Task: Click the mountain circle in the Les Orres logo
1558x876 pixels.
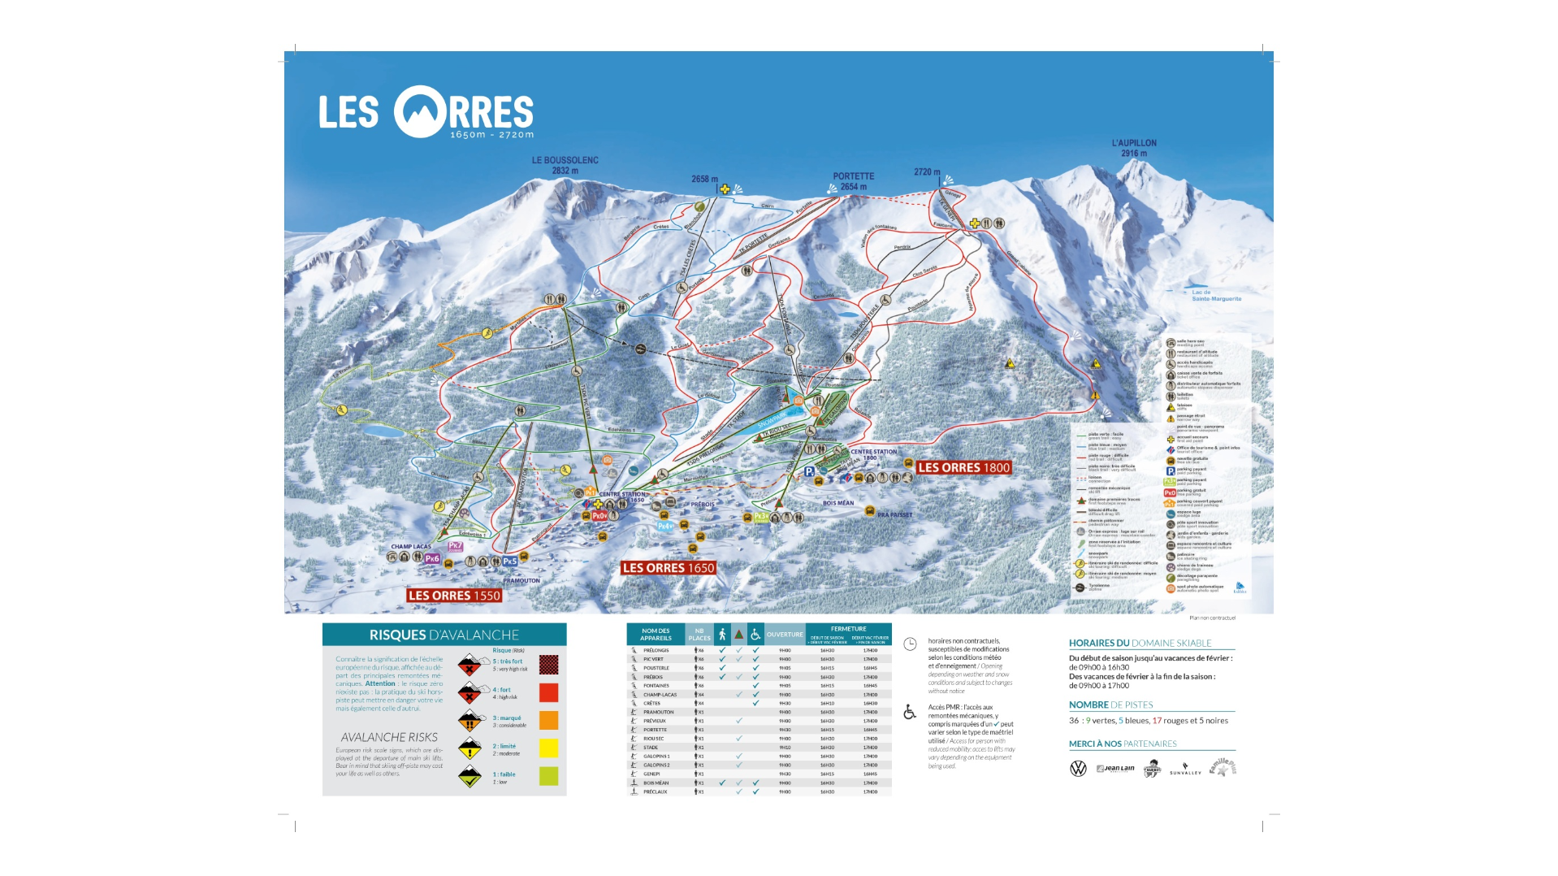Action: coord(421,112)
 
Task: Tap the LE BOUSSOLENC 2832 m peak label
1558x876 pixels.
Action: coord(565,165)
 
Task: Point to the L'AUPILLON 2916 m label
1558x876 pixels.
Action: coord(1134,148)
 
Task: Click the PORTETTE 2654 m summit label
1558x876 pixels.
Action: coord(853,181)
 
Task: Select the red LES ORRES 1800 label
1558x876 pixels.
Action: coord(963,467)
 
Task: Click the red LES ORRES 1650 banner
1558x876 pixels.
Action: coord(668,568)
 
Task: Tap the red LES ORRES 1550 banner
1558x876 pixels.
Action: coord(454,596)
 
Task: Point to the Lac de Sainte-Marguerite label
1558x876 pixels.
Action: coord(1215,296)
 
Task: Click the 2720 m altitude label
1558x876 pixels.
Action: coord(926,171)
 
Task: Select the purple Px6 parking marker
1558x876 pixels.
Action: coord(431,558)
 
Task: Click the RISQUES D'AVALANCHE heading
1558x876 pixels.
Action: coord(444,635)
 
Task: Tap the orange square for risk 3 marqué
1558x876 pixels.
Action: coord(548,720)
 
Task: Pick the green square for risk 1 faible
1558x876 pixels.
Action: coord(548,776)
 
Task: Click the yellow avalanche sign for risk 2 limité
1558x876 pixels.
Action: coord(470,748)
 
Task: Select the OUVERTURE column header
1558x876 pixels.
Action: coord(784,634)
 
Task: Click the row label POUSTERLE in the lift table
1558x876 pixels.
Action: coord(656,668)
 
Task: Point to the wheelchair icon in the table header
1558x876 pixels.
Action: coord(755,634)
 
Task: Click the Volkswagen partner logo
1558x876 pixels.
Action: coord(1078,768)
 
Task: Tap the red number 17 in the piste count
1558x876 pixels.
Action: coord(1157,720)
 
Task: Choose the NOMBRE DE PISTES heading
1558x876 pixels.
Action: coord(1110,705)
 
